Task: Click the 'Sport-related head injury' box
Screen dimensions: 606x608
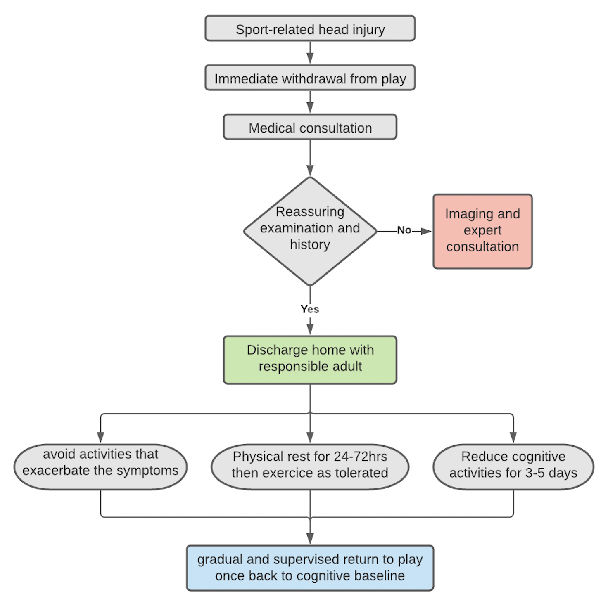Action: point(310,29)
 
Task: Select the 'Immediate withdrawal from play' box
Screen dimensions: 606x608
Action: point(310,78)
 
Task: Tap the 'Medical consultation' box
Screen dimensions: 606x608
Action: point(310,128)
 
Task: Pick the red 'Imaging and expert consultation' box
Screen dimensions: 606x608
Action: point(482,231)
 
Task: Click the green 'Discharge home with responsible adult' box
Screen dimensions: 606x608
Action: point(310,359)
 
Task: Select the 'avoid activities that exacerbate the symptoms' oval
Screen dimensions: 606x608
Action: point(100,466)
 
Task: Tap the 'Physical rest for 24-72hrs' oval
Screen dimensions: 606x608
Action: point(310,466)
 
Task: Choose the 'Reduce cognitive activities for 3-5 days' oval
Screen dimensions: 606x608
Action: point(513,466)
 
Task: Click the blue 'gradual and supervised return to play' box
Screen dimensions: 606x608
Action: point(310,568)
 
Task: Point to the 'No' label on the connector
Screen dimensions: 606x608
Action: point(404,230)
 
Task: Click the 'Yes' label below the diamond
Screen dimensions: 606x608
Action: point(310,309)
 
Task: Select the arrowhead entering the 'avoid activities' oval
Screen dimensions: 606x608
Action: point(100,438)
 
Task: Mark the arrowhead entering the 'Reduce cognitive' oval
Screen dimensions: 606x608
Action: point(513,438)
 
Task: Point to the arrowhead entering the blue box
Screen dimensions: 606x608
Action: point(310,539)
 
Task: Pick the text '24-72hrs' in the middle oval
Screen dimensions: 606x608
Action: point(360,457)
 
